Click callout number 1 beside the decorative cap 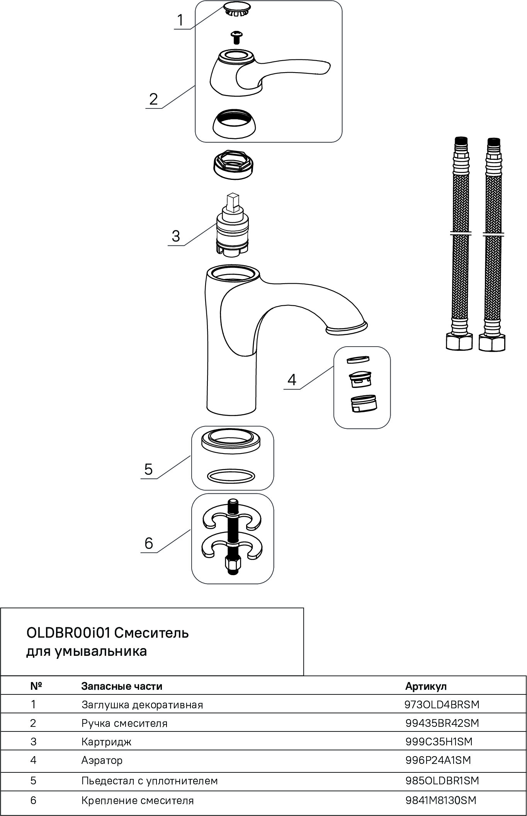[x=180, y=20]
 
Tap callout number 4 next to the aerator [x=292, y=379]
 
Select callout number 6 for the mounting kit [x=149, y=543]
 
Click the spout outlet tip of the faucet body [x=346, y=328]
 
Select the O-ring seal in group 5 [x=231, y=476]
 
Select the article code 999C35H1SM [x=439, y=742]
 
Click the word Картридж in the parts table [x=106, y=742]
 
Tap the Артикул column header [x=426, y=686]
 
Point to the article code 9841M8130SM [x=441, y=800]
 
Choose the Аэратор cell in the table [x=102, y=760]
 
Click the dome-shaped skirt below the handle [x=234, y=123]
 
